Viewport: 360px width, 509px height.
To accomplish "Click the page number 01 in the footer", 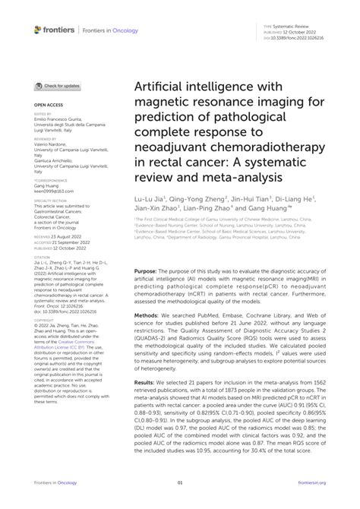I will click(x=180, y=482).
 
